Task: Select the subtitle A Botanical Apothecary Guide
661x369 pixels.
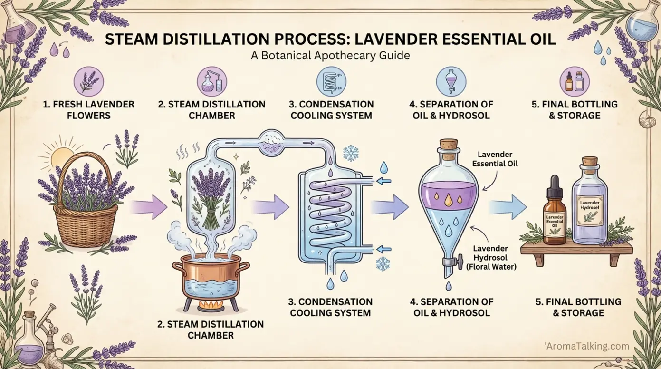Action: pyautogui.click(x=330, y=56)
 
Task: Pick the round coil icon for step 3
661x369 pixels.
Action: pyautogui.click(x=331, y=79)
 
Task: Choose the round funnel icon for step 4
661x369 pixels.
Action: pyautogui.click(x=450, y=79)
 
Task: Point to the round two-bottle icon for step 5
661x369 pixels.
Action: pyautogui.click(x=574, y=79)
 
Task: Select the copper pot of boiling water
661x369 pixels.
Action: pyautogui.click(x=209, y=281)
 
